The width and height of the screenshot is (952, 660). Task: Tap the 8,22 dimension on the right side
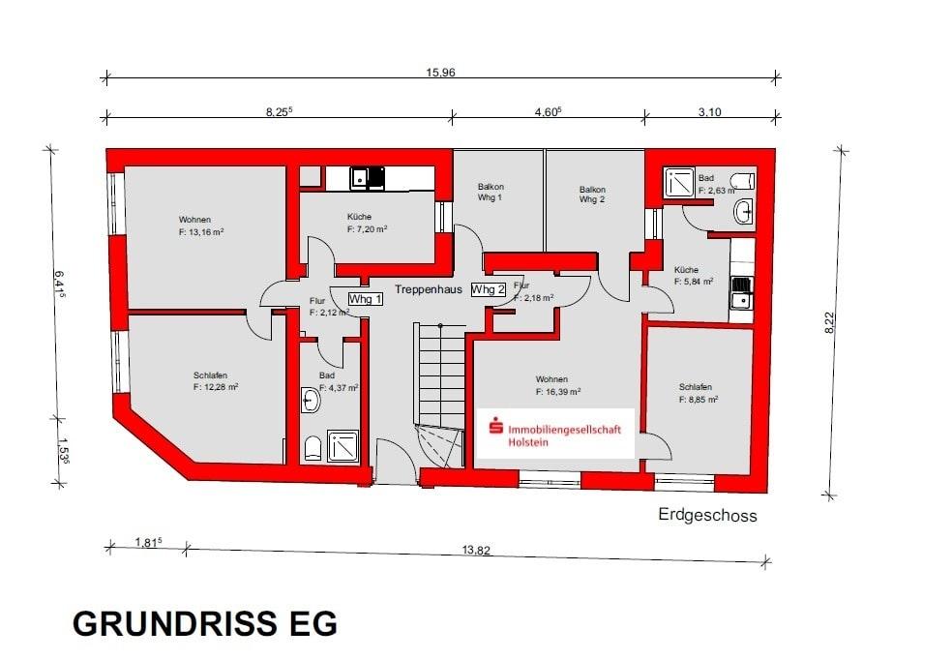tap(829, 322)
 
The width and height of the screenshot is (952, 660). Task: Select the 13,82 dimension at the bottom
tap(476, 550)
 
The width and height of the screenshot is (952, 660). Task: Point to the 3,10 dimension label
tap(709, 112)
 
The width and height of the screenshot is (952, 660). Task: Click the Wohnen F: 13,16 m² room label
tap(201, 225)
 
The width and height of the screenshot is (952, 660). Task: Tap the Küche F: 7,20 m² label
tap(367, 223)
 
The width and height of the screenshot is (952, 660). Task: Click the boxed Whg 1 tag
tap(366, 299)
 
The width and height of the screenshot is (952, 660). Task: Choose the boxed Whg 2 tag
tap(489, 289)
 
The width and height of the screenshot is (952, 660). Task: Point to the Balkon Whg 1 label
tap(491, 193)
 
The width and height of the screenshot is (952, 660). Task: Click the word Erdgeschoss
tap(707, 516)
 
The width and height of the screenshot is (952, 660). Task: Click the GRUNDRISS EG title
tap(205, 624)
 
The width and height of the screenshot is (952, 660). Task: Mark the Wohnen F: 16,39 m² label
tap(556, 385)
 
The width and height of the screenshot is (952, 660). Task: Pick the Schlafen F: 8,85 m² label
tap(699, 392)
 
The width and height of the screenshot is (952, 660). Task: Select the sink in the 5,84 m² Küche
tap(742, 291)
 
